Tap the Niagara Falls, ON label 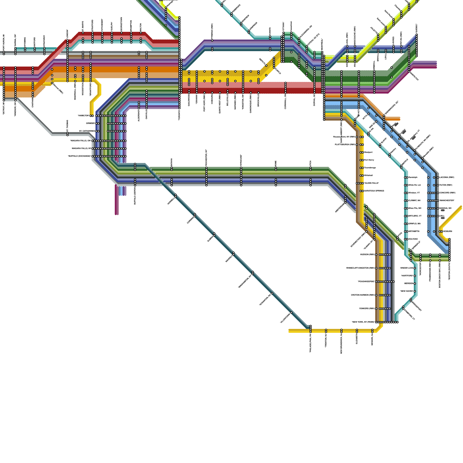click(x=81, y=141)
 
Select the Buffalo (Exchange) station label click(x=80, y=156)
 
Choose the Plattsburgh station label click(x=345, y=144)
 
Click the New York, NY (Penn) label click(x=363, y=322)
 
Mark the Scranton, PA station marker click(x=272, y=293)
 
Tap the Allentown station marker click(x=291, y=313)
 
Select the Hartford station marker click(x=415, y=276)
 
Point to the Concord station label click(x=447, y=193)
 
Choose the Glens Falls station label click(x=372, y=183)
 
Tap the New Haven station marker click(x=415, y=291)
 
